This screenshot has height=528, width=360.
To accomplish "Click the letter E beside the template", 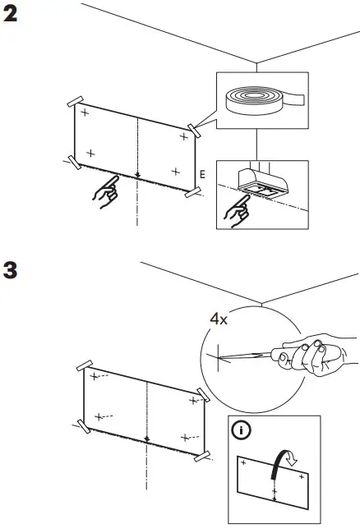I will click(202, 174).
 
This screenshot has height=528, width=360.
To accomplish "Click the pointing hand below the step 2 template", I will click(104, 195).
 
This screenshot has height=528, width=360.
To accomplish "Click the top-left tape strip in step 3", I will click(85, 364).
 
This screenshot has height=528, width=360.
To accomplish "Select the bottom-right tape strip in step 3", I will click(202, 453).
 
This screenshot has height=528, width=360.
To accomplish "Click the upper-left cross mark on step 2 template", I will click(85, 112).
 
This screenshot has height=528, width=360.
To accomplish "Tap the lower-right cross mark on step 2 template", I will click(175, 171).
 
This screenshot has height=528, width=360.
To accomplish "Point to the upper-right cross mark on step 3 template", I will click(194, 401).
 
